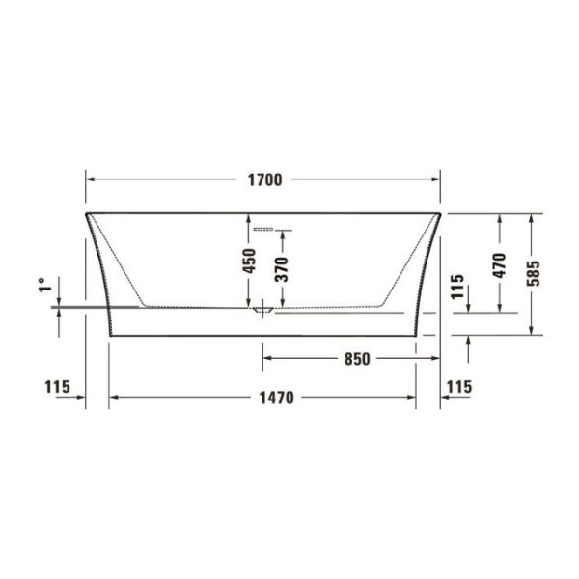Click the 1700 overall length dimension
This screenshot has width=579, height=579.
pos(264,179)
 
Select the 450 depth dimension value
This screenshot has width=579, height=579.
pos(250,262)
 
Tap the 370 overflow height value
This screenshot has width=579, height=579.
pos(282,269)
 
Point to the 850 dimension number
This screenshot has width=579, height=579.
pos(357,359)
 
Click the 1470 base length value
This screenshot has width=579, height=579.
pos(276,398)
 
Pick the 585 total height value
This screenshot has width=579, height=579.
pos(533,273)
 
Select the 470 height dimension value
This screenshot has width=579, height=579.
pos(499,265)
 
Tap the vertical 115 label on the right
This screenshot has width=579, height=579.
pos(457,287)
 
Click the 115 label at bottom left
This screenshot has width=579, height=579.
pos(57,387)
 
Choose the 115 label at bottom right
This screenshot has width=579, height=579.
pos(459,387)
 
